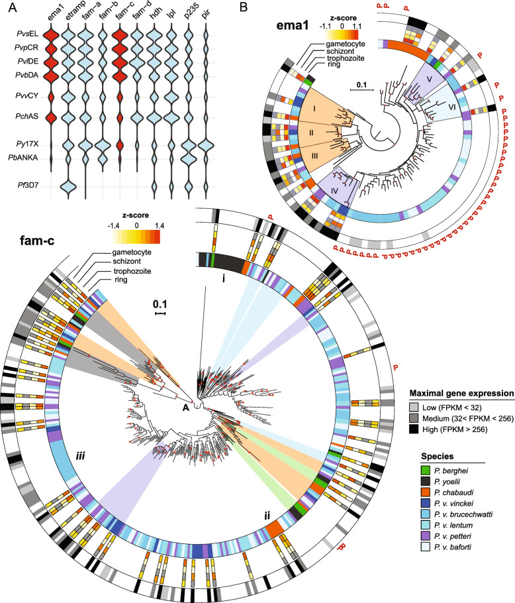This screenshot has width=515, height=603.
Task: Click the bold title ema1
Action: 292,26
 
